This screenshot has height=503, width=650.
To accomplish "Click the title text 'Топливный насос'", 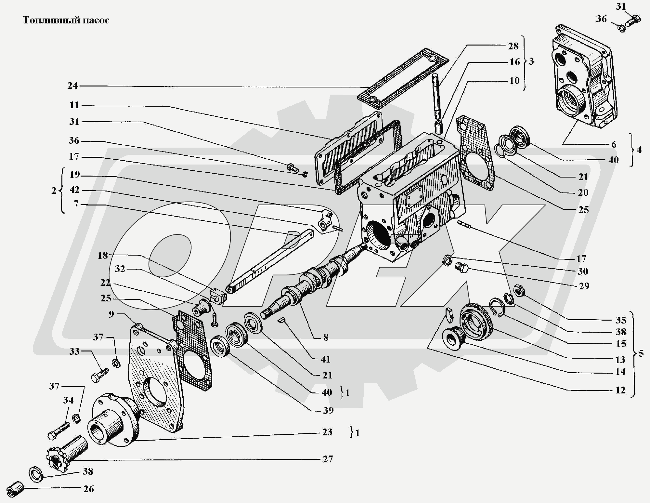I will (66, 20).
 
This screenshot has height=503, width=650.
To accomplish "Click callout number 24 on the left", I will (73, 86).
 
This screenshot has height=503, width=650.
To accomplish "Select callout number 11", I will (74, 105).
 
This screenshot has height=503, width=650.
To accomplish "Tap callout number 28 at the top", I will (513, 46).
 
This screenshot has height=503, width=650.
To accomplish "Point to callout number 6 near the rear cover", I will (614, 144).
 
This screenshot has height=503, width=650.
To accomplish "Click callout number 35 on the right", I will (620, 320).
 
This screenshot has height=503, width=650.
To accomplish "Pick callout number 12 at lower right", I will (620, 390).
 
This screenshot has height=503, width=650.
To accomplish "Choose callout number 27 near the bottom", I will (328, 459).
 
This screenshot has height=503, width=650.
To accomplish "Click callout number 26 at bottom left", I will (88, 489).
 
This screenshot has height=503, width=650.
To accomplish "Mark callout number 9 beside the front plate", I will (111, 314).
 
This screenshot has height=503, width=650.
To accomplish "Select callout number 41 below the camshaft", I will (325, 359).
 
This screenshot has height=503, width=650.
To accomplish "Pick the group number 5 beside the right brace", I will (641, 353).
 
